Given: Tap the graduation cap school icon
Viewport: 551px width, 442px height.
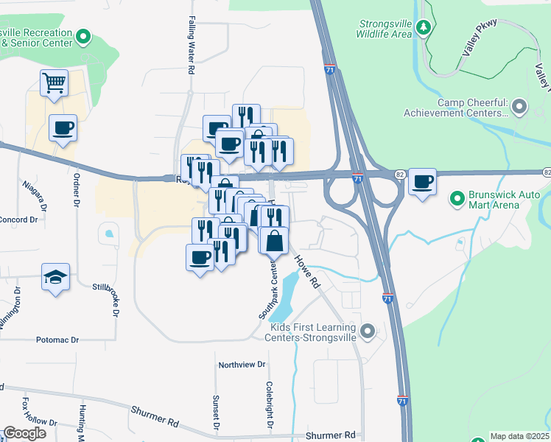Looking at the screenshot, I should pyautogui.click(x=55, y=277).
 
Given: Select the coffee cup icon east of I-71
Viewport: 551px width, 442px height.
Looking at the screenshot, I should pyautogui.click(x=422, y=181).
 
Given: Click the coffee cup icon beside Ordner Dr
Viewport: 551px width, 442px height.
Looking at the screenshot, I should pyautogui.click(x=63, y=128).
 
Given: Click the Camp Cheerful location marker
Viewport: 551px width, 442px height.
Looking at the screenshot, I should pyautogui.click(x=519, y=108).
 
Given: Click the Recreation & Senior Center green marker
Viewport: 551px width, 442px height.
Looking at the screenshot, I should pyautogui.click(x=83, y=35).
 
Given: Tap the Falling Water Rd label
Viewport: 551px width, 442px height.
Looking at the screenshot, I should pyautogui.click(x=191, y=45).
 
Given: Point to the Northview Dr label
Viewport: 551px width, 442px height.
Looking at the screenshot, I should pyautogui.click(x=242, y=365).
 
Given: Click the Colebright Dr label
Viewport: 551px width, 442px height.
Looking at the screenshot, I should pyautogui.click(x=270, y=406).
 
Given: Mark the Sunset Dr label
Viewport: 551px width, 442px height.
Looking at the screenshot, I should pyautogui.click(x=217, y=413).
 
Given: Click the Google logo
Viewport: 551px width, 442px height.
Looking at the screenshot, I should pyautogui.click(x=24, y=433).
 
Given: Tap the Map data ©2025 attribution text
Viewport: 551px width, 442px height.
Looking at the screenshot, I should pyautogui.click(x=519, y=436).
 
